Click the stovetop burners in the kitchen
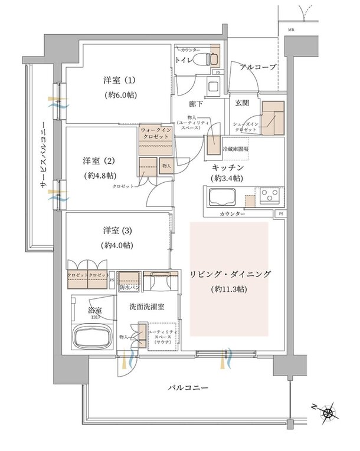point(268,194)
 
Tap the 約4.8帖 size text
point(100,175)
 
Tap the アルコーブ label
point(258,67)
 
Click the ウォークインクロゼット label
point(156,132)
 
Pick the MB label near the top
point(291,29)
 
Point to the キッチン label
point(227,167)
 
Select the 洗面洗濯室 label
point(147,306)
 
